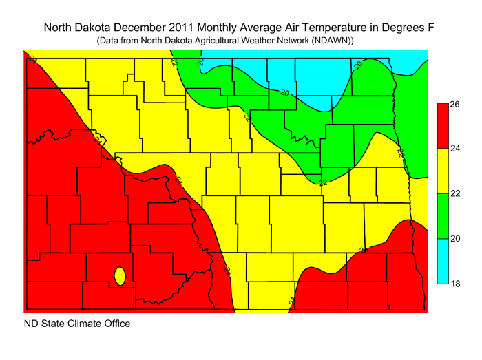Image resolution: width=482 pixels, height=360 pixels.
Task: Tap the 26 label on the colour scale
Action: (x=455, y=105)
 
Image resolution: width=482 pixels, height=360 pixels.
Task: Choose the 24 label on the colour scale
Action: (x=455, y=149)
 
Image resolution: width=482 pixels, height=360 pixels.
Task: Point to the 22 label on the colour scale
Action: (x=455, y=194)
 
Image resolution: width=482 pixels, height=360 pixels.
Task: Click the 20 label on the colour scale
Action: (x=455, y=239)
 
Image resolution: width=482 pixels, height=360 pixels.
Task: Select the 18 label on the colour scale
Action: (x=455, y=284)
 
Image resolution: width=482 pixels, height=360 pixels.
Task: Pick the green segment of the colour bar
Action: (x=443, y=216)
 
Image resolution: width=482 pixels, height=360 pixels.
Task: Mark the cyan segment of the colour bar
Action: (x=443, y=262)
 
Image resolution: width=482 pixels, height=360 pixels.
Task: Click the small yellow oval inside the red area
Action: (x=119, y=277)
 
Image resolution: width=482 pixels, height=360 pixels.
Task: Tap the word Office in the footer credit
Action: (x=115, y=323)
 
